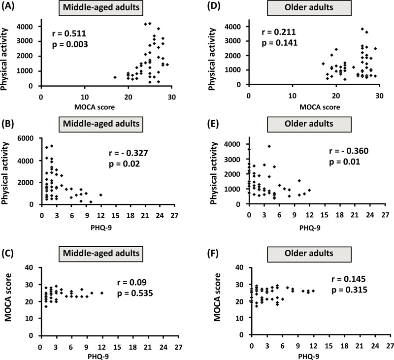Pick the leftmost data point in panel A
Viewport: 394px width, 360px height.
tap(115, 77)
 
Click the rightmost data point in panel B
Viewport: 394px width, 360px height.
tap(100, 195)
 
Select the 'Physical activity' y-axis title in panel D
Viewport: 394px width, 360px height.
tap(219, 51)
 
